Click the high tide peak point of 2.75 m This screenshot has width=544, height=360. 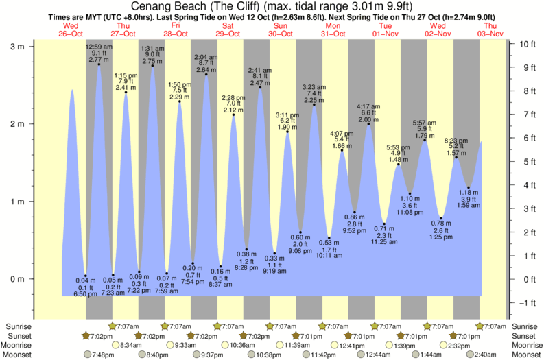pos(152,67)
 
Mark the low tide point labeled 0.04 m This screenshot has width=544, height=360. pos(86,276)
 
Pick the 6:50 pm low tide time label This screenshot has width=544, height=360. pos(86,293)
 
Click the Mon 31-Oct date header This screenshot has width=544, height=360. pos(334,29)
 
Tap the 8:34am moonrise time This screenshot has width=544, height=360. pos(130,345)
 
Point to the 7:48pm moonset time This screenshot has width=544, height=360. pos(99,355)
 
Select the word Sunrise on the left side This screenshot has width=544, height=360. pos(19,326)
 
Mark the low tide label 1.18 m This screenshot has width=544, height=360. pos(469,193)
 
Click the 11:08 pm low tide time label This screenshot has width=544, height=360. pos(410,213)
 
